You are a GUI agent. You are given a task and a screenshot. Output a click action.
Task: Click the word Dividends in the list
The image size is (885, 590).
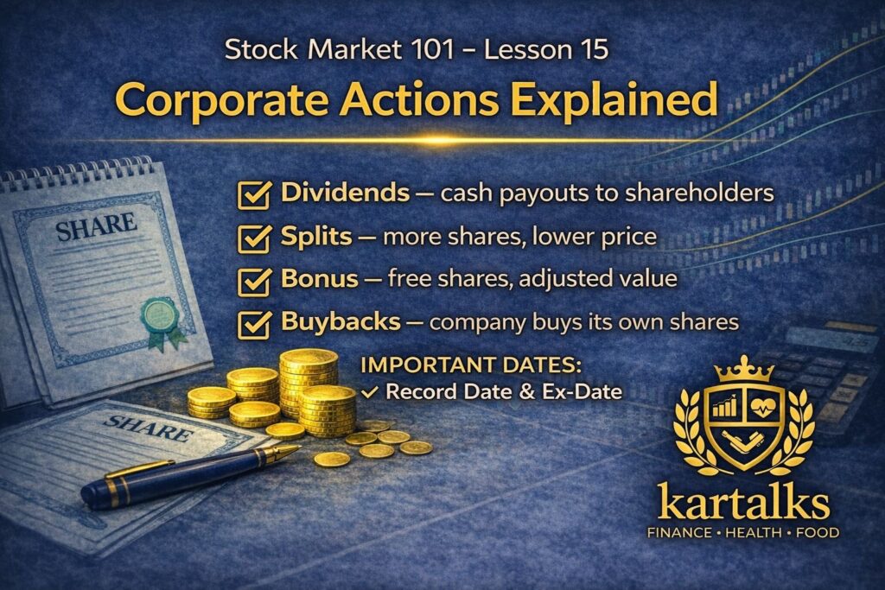coord(346,192)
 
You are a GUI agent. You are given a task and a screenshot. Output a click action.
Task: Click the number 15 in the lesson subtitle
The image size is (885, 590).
coord(589,49)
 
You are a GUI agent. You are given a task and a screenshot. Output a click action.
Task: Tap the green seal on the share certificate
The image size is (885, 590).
coord(155,313)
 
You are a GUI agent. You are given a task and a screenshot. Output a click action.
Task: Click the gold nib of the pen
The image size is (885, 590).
coord(284,452)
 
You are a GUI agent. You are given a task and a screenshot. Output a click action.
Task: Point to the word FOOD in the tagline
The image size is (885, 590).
coord(818,533)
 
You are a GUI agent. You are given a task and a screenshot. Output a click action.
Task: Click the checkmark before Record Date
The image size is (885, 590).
coord(370,391)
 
